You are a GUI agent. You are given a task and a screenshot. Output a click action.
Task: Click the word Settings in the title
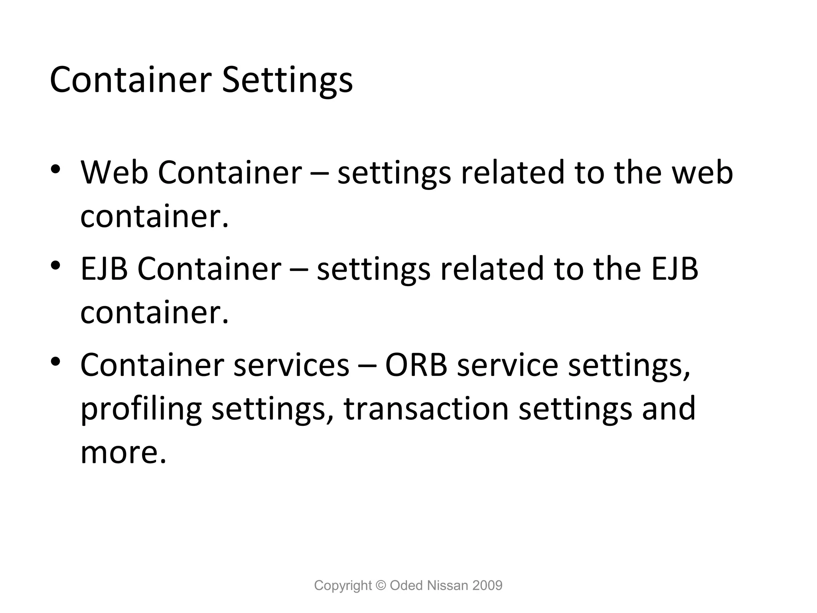point(287,81)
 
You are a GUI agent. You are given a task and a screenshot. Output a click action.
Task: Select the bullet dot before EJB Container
point(55,265)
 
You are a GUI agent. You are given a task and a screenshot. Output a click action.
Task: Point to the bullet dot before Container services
point(55,361)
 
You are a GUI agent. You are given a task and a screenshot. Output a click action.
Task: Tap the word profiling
point(141,409)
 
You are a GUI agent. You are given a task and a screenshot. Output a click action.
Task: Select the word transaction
point(426,409)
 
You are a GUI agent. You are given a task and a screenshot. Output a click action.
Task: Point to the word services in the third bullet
point(291,365)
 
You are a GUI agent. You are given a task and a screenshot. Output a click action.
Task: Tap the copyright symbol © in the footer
point(381,585)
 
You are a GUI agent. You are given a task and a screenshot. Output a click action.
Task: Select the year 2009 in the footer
point(487,585)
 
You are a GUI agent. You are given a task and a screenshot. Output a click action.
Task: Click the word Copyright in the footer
point(343,585)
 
